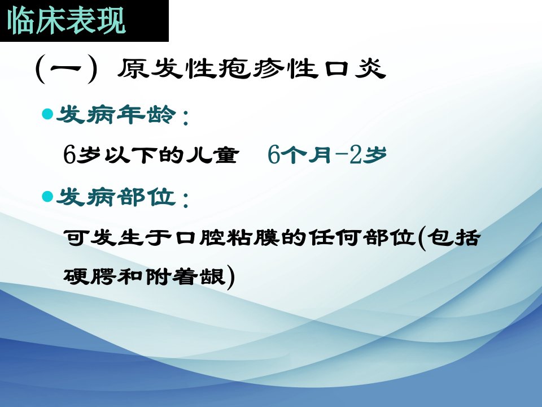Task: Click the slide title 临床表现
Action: pos(66,21)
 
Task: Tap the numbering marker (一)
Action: pos(66,68)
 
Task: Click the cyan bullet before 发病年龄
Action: pos(47,114)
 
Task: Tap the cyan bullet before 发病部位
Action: pos(47,197)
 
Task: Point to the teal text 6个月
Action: pos(301,154)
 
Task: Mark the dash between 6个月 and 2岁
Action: pos(342,155)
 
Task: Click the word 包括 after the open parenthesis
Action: pos(453,237)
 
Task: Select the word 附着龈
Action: pos(186,276)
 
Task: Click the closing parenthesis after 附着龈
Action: pos(231,277)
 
